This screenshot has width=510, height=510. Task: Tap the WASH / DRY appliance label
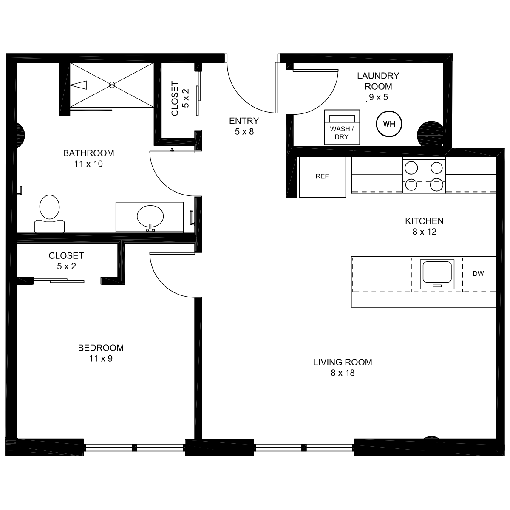point(342,133)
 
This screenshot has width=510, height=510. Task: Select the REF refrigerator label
point(322,176)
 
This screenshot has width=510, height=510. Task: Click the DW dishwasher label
point(478,274)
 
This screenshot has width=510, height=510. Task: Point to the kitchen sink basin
point(437,272)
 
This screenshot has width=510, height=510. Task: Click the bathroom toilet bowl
point(49,207)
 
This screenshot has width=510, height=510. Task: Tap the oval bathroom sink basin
point(150,216)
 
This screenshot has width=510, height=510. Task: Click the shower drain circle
point(112,85)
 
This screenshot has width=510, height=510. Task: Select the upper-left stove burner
point(411,168)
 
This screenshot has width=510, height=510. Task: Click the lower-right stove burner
point(436,184)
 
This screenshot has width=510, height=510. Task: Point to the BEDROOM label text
point(101,348)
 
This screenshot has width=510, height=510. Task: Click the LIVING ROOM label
point(343,362)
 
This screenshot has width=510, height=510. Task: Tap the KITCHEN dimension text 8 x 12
point(424,232)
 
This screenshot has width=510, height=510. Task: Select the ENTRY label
point(244,121)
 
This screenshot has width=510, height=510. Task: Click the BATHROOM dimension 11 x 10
point(88,164)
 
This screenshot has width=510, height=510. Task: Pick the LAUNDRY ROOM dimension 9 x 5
point(379,97)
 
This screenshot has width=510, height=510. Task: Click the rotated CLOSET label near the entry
point(175,99)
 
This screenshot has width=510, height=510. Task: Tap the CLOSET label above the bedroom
point(66,256)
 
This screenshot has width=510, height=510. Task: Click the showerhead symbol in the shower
point(79,85)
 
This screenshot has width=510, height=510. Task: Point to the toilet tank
point(49,226)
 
